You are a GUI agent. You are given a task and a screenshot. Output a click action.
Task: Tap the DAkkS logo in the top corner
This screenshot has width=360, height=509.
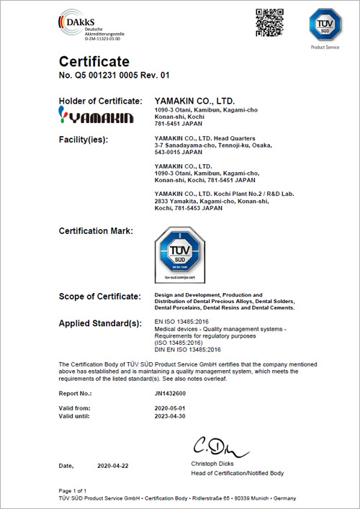pos(82,22)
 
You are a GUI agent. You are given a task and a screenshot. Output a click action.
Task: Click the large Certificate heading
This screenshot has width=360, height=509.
pos(94,61)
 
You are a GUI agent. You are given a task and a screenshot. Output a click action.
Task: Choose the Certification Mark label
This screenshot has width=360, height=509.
pos(96,230)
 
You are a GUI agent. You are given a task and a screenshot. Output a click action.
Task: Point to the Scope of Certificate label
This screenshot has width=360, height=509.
pos(99,297)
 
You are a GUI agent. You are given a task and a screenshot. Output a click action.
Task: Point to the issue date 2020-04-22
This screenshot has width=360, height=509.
pos(114,467)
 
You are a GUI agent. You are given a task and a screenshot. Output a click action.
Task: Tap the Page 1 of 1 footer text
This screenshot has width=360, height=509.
pos(76,490)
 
